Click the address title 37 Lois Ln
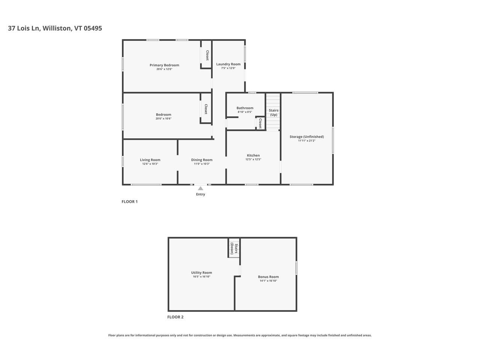coord(55,28)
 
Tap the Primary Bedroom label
coord(164,65)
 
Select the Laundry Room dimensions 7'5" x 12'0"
coord(228,68)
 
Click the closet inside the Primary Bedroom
coord(207,55)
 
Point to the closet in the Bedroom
coord(206,109)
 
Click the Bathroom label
coord(245,108)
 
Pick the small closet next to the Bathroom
coord(260,123)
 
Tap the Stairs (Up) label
coord(273,112)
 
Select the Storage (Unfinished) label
coord(306,136)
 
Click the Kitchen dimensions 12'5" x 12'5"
coord(253,159)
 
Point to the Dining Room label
coord(202,160)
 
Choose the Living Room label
coord(150,160)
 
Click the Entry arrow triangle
coord(201,189)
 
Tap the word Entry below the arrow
coord(201,194)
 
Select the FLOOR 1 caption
coord(129,202)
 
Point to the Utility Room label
coord(201,273)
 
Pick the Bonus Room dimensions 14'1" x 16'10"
coord(268,281)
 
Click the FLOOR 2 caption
coord(175,317)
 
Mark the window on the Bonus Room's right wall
coord(296,268)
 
